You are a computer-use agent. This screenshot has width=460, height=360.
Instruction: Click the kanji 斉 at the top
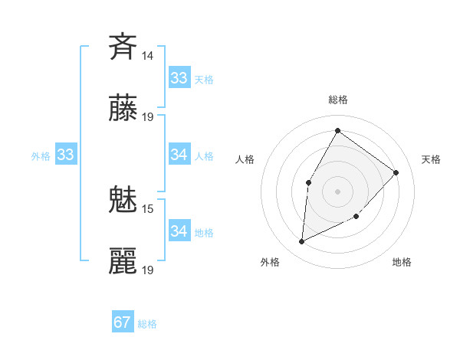(123, 47)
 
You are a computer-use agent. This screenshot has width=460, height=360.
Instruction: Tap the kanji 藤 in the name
(123, 109)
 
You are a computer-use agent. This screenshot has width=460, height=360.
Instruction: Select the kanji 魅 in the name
(123, 201)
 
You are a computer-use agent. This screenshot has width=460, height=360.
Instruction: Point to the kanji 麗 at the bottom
(123, 262)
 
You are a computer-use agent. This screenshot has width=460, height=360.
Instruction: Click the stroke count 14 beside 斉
(148, 56)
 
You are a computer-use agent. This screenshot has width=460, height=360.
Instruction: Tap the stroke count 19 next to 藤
(148, 117)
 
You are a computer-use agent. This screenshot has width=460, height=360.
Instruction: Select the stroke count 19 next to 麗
(148, 270)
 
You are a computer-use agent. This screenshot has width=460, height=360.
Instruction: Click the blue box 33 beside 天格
(179, 78)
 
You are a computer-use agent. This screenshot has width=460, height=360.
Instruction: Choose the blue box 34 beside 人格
(179, 155)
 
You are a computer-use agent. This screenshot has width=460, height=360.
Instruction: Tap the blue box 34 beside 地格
(179, 231)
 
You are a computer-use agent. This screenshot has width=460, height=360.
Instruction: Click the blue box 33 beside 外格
(65, 155)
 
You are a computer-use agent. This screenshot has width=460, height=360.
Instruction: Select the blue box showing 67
(123, 322)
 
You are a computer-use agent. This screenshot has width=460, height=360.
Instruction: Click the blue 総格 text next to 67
(147, 324)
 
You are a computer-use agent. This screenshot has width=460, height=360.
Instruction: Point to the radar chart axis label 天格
(431, 159)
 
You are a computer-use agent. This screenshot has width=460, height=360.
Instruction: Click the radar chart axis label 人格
(245, 159)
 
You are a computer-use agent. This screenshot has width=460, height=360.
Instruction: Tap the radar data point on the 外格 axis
(302, 241)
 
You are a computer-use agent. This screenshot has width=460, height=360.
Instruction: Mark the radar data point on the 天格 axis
(396, 172)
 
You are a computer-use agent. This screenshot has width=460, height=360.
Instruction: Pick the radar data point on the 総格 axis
(337, 130)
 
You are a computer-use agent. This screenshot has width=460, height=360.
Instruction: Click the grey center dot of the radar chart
(337, 191)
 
